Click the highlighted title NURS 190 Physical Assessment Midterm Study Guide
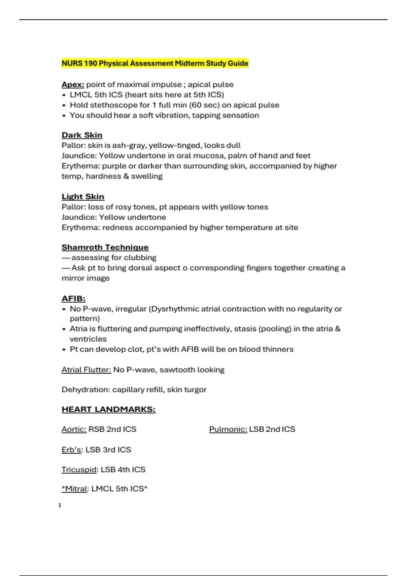155,63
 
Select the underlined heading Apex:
73,84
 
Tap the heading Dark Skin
82,135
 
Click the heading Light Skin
83,197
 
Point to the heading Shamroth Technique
105,247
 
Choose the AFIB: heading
73,299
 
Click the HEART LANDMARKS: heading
109,409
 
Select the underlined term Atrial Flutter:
86,370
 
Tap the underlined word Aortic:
74,429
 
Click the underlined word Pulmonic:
228,429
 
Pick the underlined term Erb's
71,450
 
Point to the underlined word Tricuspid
79,470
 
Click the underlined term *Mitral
74,489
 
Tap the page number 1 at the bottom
60,505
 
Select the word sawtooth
176,370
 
